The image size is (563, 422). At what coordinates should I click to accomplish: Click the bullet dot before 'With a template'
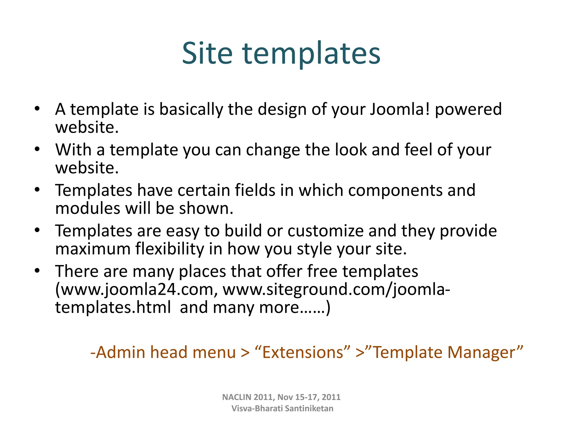[x=37, y=149]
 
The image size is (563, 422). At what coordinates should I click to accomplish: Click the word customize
[x=325, y=231]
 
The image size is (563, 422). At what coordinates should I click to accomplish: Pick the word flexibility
[x=170, y=249]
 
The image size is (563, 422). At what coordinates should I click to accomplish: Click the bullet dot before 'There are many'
[x=37, y=271]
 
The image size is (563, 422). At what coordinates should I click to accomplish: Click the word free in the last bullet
[x=322, y=271]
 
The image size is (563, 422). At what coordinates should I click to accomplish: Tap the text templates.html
[x=113, y=307]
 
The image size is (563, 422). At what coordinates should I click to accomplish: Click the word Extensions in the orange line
[x=303, y=352]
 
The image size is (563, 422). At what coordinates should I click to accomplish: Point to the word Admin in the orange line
[x=121, y=352]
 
